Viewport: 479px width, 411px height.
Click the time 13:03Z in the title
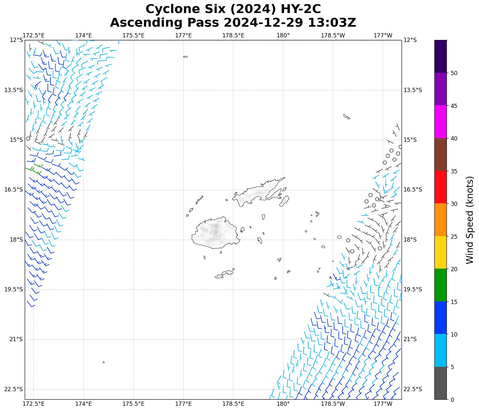click(332, 23)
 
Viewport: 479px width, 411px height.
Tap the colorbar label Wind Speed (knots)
click(470, 220)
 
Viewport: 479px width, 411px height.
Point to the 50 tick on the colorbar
click(454, 73)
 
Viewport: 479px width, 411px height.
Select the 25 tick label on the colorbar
click(454, 236)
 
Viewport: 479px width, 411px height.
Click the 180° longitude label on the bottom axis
click(283, 404)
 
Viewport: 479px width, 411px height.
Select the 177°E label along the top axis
click(183, 35)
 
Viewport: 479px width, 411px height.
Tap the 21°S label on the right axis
click(410, 339)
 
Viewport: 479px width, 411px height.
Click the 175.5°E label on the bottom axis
click(133, 404)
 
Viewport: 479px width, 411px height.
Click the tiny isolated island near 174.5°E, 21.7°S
click(104, 362)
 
